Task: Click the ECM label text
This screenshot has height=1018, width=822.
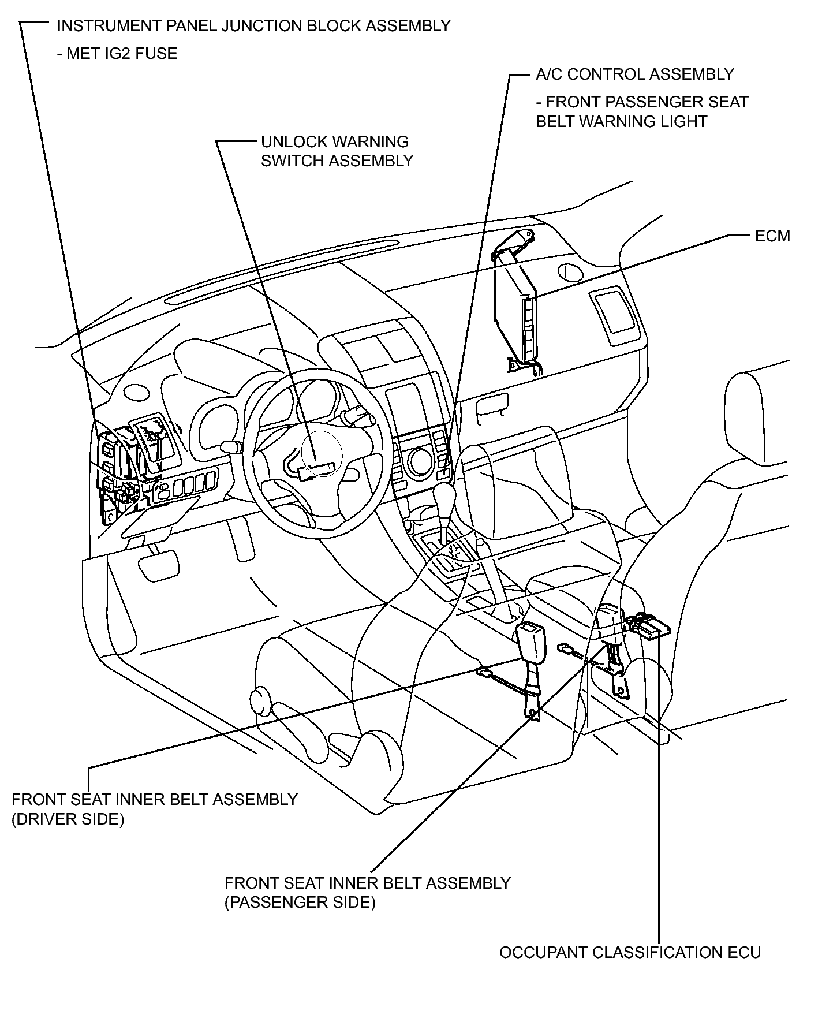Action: tap(772, 236)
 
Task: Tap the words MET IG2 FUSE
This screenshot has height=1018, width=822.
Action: tap(122, 54)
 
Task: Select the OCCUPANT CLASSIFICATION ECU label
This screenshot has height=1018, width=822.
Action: tap(630, 952)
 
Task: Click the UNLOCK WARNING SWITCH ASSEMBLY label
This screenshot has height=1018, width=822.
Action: tap(337, 151)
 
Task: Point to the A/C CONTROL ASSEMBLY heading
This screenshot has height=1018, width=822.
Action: tap(635, 74)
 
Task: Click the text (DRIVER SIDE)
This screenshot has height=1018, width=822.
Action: tap(68, 819)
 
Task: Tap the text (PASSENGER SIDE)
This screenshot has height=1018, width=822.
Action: tap(300, 903)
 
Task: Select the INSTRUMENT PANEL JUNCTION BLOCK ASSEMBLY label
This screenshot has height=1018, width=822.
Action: tap(254, 25)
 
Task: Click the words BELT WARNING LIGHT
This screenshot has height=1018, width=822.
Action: tap(622, 122)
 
